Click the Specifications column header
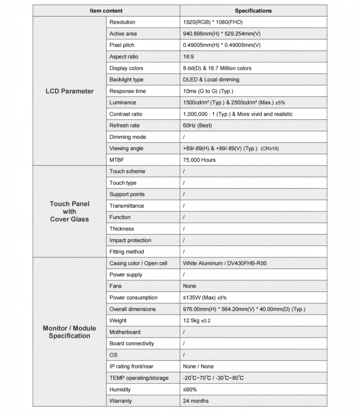point(253,11)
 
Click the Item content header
point(106,11)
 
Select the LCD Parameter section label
point(69,91)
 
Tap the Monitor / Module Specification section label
point(69,332)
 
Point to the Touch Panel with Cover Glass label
point(69,211)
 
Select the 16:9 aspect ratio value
point(188,57)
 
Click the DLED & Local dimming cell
point(211,80)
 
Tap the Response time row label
point(127,91)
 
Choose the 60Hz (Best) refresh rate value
point(197,125)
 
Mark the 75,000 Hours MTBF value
point(199,160)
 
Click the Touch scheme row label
point(127,171)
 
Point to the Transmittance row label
point(127,206)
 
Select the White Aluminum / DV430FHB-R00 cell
point(225,263)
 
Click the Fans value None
point(189,286)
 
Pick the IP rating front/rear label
point(131,367)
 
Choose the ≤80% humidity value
point(190,390)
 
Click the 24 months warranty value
point(196,401)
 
